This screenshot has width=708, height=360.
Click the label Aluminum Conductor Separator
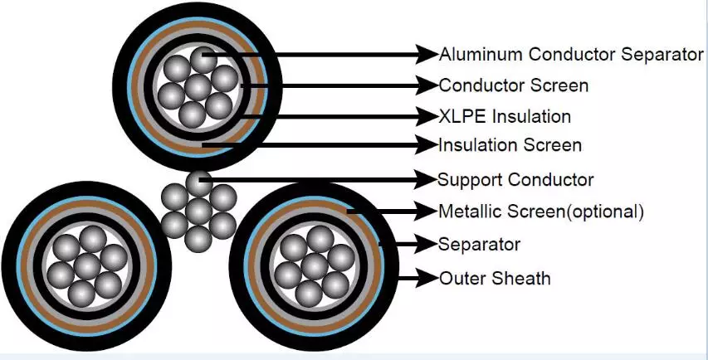click(571, 55)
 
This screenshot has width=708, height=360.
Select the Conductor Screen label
click(513, 85)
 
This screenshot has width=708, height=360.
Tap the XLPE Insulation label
click(505, 115)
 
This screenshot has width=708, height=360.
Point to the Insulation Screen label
click(510, 145)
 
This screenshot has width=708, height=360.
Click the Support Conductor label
click(515, 179)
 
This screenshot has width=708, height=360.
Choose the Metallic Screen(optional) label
click(540, 211)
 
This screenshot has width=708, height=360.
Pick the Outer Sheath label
click(495, 278)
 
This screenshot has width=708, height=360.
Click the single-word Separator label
click(479, 245)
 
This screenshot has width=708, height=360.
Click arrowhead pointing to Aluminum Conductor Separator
click(428, 55)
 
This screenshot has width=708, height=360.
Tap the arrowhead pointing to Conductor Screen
click(428, 85)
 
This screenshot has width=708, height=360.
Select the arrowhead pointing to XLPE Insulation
click(428, 115)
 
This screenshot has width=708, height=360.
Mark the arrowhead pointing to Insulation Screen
click(428, 145)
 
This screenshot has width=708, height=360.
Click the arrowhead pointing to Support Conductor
click(428, 179)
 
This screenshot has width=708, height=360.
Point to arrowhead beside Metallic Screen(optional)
click(428, 211)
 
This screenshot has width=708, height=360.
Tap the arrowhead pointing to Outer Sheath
click(428, 278)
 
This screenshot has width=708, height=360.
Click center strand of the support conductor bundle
click(198, 211)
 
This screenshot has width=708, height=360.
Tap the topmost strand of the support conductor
click(198, 182)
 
